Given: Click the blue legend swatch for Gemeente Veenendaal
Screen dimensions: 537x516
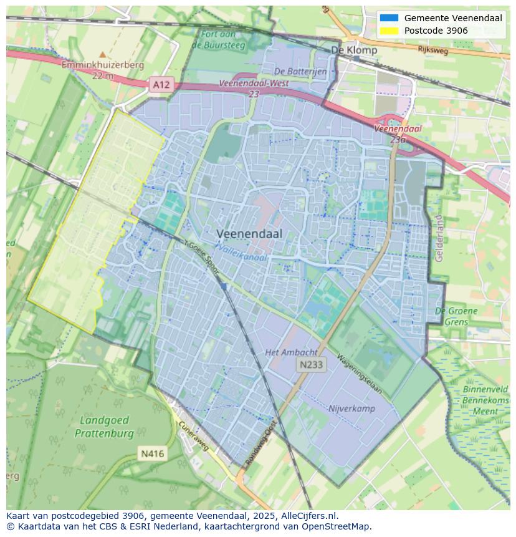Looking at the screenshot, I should tap(389, 18).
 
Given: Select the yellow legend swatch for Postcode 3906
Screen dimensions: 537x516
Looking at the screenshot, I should tap(389, 31).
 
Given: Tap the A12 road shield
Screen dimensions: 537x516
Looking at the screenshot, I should tap(161, 84).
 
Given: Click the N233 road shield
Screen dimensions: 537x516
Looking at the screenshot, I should tap(310, 365).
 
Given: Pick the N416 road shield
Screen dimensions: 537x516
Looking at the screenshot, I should tap(152, 453).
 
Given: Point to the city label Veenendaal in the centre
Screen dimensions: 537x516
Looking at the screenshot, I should tap(249, 233).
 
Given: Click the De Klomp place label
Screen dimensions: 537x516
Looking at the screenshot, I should tap(353, 50).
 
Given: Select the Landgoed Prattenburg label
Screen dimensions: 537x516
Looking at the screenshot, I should tap(104, 427).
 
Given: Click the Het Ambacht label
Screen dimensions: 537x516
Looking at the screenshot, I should tap(291, 352).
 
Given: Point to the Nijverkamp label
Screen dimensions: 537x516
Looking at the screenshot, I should tap(351, 409).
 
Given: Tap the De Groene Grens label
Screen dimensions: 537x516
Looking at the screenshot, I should tap(456, 316).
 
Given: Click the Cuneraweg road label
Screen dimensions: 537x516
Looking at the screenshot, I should tap(194, 436).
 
